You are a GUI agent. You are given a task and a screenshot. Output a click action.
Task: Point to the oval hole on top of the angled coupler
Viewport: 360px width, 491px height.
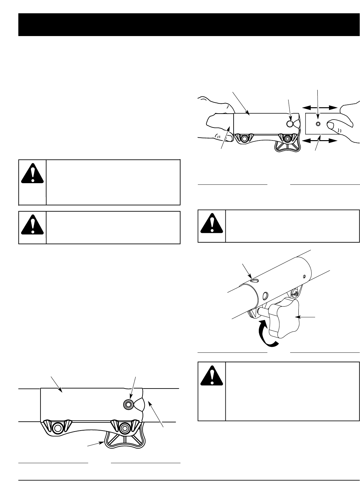click(253, 279)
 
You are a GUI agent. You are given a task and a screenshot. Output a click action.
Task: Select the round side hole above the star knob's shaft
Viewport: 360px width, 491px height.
click(265, 295)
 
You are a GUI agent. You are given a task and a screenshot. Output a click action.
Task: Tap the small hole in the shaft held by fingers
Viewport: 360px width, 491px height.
click(318, 123)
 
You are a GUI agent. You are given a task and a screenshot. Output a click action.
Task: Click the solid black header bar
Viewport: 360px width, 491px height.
click(189, 24)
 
